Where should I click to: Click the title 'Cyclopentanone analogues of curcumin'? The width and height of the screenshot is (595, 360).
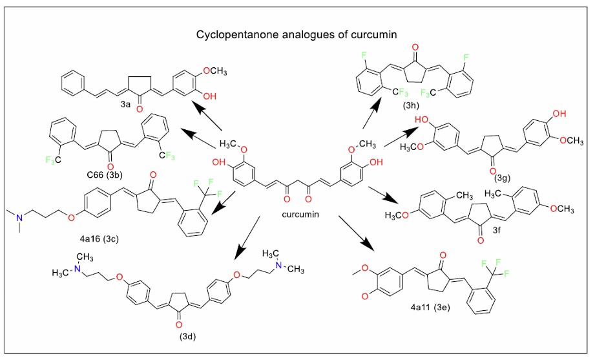tap(298, 33)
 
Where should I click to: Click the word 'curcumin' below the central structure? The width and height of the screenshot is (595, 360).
tap(300, 214)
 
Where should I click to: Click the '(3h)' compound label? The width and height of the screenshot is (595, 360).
tap(412, 104)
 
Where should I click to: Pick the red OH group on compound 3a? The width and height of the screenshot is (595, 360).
tap(210, 95)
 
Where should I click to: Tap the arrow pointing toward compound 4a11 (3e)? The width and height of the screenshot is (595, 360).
tap(358, 234)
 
